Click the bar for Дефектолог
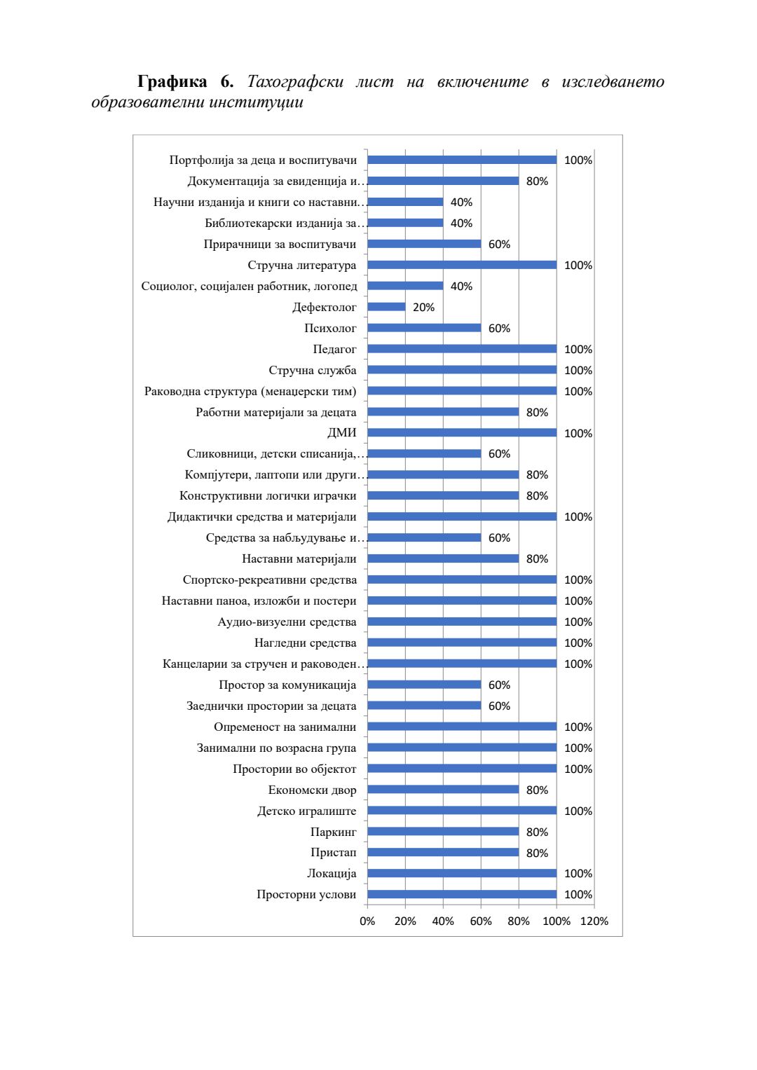[x=386, y=307]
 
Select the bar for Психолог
[x=424, y=328]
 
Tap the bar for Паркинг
[x=443, y=832]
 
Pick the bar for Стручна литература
[x=462, y=265]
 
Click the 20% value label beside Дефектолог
[x=423, y=307]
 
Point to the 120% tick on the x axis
[x=594, y=921]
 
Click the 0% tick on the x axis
[x=367, y=921]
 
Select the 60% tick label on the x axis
[x=481, y=921]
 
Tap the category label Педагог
[x=334, y=349]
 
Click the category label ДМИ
[x=341, y=433]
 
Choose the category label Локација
[x=332, y=873]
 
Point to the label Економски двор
[x=312, y=790]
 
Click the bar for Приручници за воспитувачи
[x=424, y=244]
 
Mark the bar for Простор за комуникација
[x=424, y=685]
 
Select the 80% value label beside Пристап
[x=537, y=853]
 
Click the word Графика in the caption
[x=172, y=82]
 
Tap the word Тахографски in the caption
[x=295, y=82]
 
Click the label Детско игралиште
[x=306, y=811]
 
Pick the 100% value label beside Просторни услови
[x=578, y=894]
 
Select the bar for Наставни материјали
[x=443, y=558]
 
